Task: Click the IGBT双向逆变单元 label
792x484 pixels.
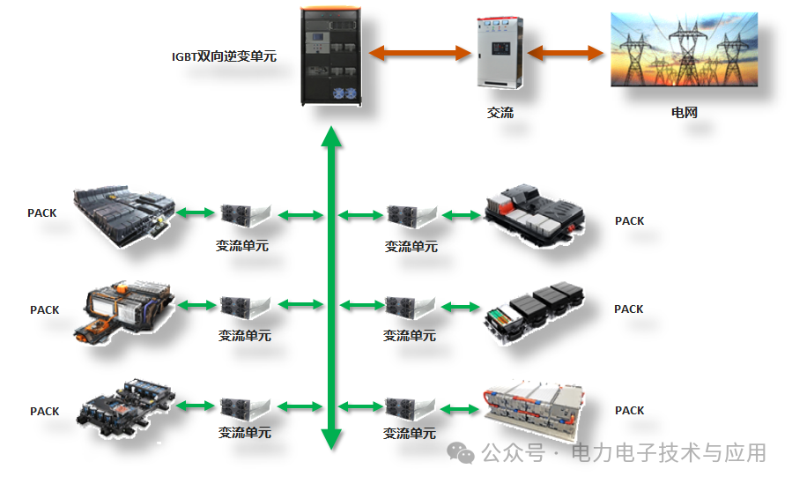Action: (224, 56)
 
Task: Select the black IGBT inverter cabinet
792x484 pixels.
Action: (330, 56)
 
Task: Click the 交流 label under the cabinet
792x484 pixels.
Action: (500, 113)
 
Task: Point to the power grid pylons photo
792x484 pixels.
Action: (685, 49)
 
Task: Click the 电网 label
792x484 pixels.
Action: (685, 113)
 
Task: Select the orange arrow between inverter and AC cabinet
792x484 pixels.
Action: (418, 53)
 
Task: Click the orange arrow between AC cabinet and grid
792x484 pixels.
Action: (566, 53)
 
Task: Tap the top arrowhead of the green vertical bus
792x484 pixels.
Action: (330, 137)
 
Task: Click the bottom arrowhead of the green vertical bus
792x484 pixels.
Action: (330, 438)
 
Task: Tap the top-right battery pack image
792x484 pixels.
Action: (536, 212)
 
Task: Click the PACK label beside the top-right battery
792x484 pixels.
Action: (629, 221)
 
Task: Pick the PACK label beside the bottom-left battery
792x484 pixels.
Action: (45, 412)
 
